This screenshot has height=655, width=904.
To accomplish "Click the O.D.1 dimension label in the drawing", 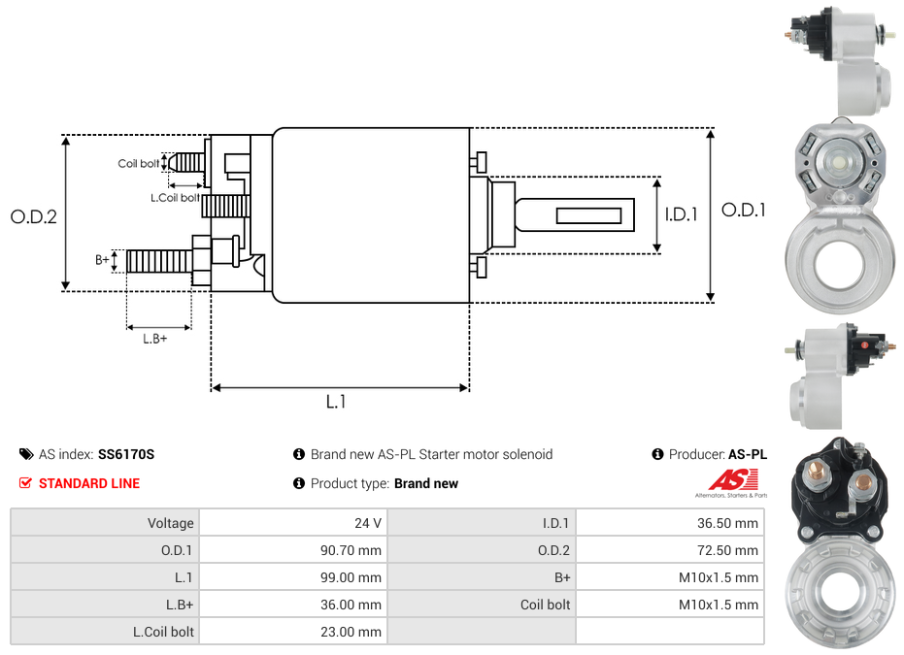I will [x=743, y=209].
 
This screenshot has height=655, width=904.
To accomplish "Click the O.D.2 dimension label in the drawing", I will [x=34, y=216].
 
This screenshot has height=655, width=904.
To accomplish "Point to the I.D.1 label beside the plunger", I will [x=681, y=214].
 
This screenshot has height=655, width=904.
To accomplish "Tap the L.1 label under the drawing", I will [x=336, y=402].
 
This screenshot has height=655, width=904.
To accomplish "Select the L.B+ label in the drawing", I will [x=155, y=339].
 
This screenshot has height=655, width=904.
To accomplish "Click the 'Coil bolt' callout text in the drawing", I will [x=139, y=164].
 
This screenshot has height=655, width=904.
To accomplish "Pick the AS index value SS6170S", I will [x=126, y=454].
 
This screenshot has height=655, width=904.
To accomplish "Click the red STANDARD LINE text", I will [x=89, y=483].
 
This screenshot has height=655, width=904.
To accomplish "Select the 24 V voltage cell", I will [x=368, y=523].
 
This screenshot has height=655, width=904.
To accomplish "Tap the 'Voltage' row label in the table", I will [x=171, y=523].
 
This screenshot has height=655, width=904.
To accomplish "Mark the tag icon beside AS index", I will [x=26, y=454].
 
